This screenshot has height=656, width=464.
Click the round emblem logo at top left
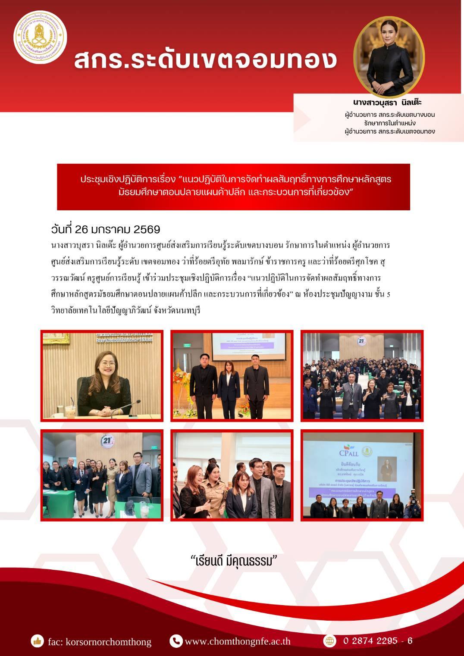click(x=40, y=37)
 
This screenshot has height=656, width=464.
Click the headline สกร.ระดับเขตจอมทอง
click(x=205, y=60)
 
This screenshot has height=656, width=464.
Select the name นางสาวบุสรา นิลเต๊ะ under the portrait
click(x=387, y=103)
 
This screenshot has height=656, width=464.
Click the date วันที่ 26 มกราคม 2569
click(x=106, y=229)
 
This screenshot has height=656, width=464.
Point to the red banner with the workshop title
click(x=233, y=187)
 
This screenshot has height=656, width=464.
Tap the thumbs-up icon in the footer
click(x=38, y=641)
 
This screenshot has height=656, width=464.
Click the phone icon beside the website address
click(x=176, y=641)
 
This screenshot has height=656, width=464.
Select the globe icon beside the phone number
click(x=330, y=641)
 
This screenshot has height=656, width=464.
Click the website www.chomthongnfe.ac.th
click(x=238, y=641)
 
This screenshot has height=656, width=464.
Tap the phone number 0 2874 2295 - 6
click(x=378, y=641)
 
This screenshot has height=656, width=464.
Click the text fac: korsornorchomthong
click(x=100, y=642)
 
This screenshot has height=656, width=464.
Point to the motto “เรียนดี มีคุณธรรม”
click(x=233, y=561)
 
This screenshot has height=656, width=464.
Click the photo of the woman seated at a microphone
click(x=102, y=376)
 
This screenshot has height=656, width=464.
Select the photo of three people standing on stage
click(x=232, y=376)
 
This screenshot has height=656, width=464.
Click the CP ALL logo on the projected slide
click(x=349, y=452)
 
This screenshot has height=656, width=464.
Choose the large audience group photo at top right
click(x=362, y=376)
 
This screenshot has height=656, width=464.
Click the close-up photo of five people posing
click(x=232, y=475)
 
